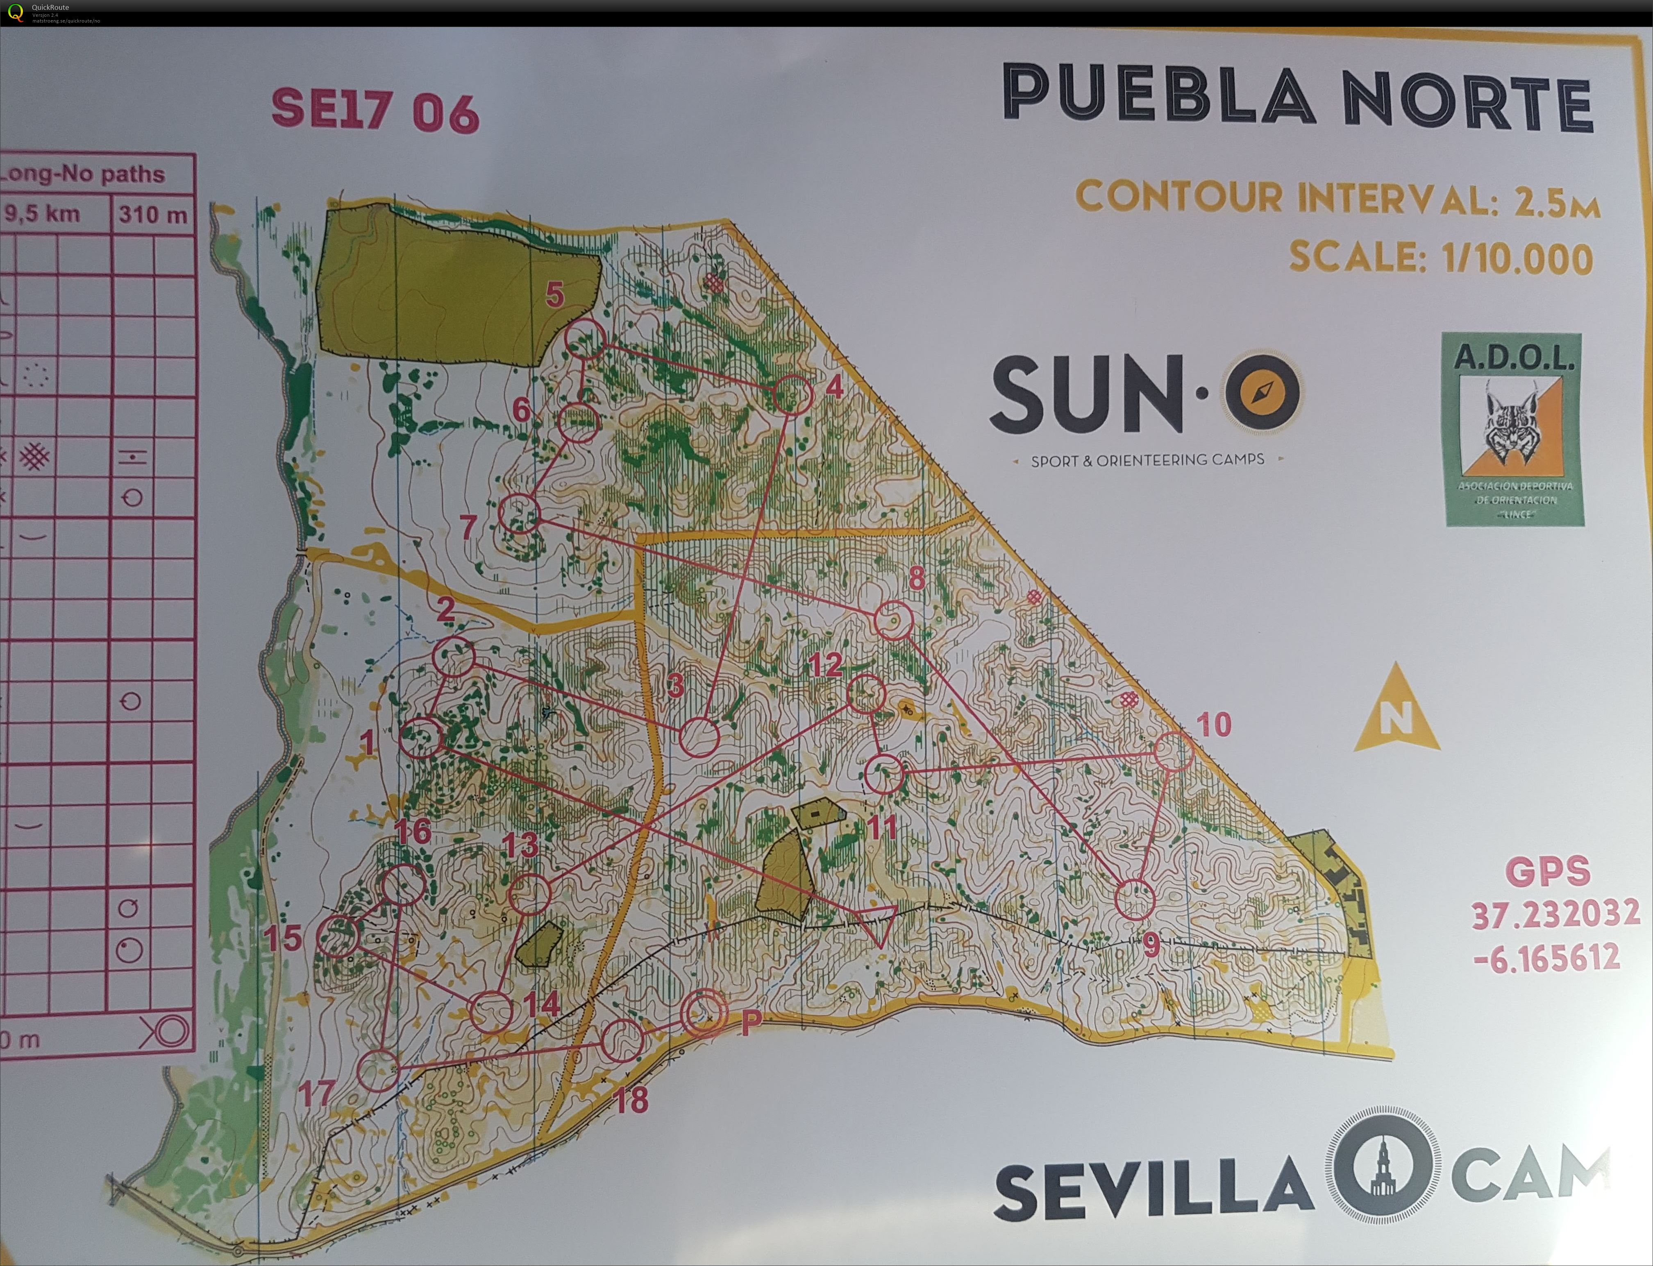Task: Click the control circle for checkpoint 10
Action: pyautogui.click(x=1174, y=751)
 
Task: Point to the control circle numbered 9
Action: pyautogui.click(x=1134, y=899)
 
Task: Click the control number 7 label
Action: pyautogui.click(x=468, y=525)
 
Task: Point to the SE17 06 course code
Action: pyautogui.click(x=375, y=111)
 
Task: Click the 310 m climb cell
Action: pyautogui.click(x=153, y=215)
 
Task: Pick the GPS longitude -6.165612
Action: pyautogui.click(x=1547, y=958)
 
